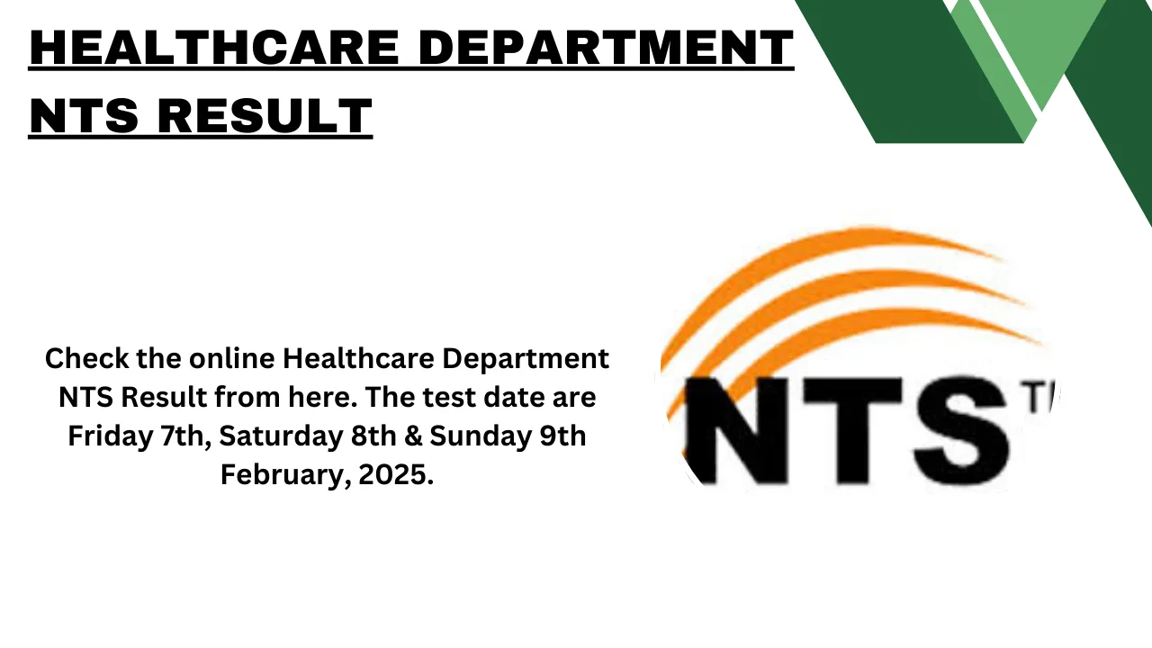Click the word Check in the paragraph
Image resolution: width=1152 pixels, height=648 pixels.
coord(81,359)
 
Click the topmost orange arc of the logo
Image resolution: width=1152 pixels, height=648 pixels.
coord(810,252)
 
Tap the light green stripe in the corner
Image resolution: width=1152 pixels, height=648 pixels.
coord(1035,45)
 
